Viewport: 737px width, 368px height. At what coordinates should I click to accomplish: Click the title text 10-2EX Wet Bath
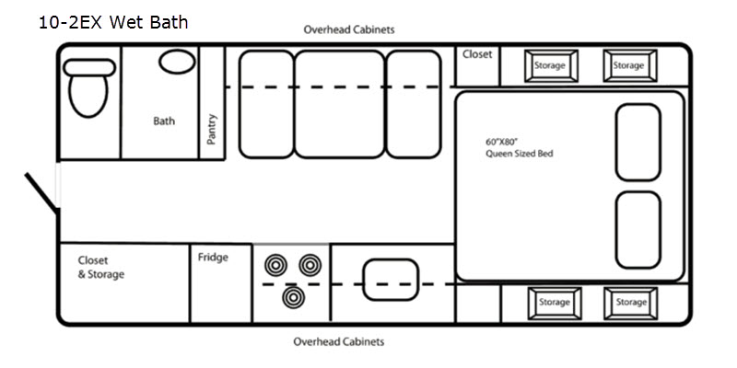point(113,22)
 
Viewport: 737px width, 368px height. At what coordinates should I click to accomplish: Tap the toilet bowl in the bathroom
point(88,96)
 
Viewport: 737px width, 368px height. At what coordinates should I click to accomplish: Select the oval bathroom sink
point(177,62)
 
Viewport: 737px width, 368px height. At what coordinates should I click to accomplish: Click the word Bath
point(164,121)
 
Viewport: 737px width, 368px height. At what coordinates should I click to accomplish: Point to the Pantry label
point(212,129)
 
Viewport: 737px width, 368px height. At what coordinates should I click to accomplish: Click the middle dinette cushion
point(339,104)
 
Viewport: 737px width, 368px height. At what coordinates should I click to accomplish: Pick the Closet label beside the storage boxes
point(477,54)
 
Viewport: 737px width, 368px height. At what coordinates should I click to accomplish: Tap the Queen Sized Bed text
point(520,154)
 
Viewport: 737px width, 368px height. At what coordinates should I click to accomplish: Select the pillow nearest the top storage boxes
point(638,143)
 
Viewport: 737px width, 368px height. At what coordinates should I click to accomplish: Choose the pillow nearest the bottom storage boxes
point(638,230)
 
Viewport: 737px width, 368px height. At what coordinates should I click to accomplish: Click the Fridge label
point(213,258)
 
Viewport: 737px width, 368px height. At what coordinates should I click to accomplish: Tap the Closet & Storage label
point(101,268)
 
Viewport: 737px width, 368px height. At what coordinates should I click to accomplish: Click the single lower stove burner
point(294,297)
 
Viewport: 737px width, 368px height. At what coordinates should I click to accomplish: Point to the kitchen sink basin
point(391,280)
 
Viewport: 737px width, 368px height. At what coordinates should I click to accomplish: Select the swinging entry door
point(41,191)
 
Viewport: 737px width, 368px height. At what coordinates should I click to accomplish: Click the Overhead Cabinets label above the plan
point(349,30)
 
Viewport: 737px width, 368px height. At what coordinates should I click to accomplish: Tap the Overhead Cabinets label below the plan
point(339,341)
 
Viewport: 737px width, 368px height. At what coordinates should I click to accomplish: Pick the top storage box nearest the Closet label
point(551,65)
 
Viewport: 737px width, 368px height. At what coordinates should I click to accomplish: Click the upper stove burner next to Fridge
point(275,265)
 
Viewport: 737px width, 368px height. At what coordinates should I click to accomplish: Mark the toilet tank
point(89,67)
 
